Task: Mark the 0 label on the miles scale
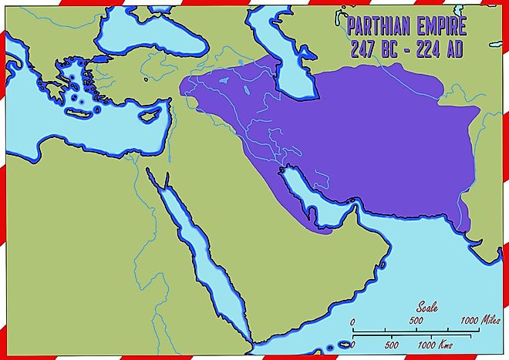[352, 321]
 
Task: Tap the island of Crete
[79, 113]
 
